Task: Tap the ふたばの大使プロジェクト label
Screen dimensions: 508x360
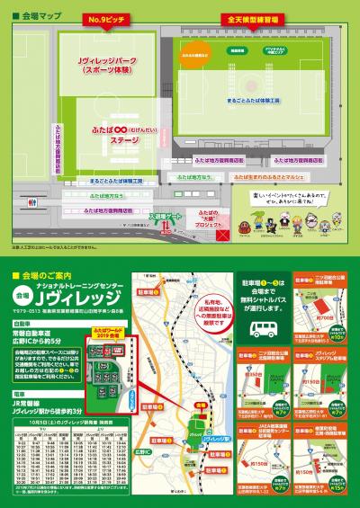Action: tap(184, 219)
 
